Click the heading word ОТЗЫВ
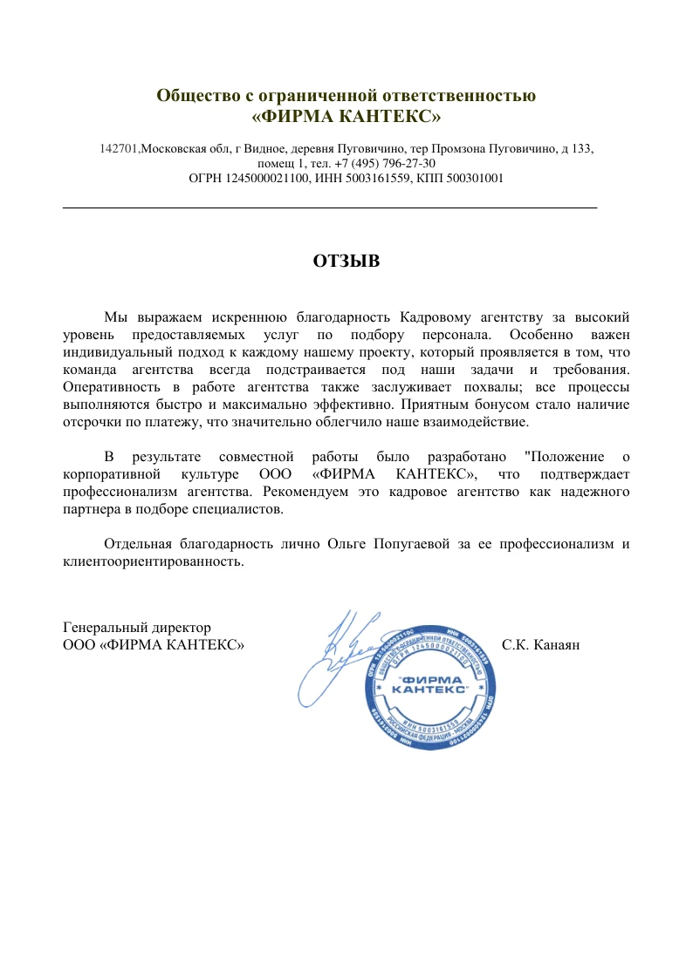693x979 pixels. coord(346,261)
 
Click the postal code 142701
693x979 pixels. coord(119,149)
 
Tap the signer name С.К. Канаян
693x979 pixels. coord(541,646)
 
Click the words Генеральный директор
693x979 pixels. coord(137,628)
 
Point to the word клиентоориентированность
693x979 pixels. coord(154,562)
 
